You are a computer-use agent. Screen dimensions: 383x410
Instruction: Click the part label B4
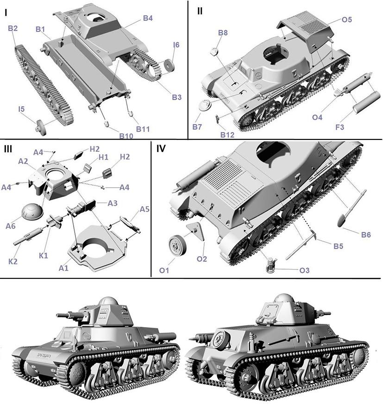point(148,18)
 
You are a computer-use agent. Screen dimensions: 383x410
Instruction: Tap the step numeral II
point(200,11)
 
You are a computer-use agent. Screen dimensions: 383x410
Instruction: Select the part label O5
point(347,19)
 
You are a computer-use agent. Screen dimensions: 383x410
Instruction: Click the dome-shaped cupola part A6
point(32,211)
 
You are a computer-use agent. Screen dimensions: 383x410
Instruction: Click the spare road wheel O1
point(177,245)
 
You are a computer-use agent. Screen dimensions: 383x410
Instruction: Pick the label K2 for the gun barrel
point(13,261)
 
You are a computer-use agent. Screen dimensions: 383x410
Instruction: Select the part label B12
point(227,135)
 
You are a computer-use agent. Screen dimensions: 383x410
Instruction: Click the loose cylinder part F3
point(366,102)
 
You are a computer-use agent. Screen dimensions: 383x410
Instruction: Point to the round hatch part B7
point(205,106)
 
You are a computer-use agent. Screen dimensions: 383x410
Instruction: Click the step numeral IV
point(161,149)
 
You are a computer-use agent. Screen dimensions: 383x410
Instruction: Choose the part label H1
point(103,157)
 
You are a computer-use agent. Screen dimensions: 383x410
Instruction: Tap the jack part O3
point(271,265)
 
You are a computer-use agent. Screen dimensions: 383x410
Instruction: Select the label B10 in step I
point(126,136)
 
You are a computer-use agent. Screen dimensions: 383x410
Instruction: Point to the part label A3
point(113,203)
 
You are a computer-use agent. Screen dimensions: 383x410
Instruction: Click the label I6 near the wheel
point(176,45)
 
